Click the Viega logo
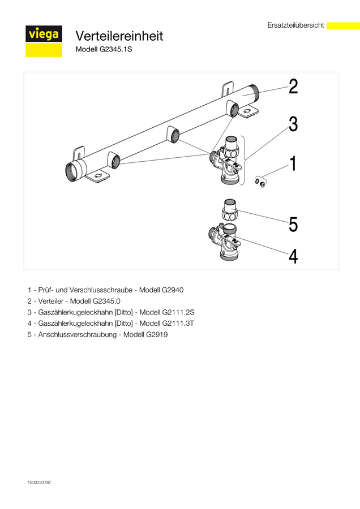pyautogui.click(x=44, y=41)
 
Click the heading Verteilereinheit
pyautogui.click(x=119, y=36)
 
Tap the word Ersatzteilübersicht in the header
pyautogui.click(x=295, y=25)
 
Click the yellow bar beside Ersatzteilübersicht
pyautogui.click(x=343, y=25)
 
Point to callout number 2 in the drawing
pyautogui.click(x=293, y=87)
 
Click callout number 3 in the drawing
pyautogui.click(x=293, y=124)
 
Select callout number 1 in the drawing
pyautogui.click(x=293, y=163)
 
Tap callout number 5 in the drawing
pyautogui.click(x=293, y=225)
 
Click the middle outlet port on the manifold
pyautogui.click(x=175, y=135)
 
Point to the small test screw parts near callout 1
pyautogui.click(x=260, y=183)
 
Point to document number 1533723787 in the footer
pyautogui.click(x=39, y=482)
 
